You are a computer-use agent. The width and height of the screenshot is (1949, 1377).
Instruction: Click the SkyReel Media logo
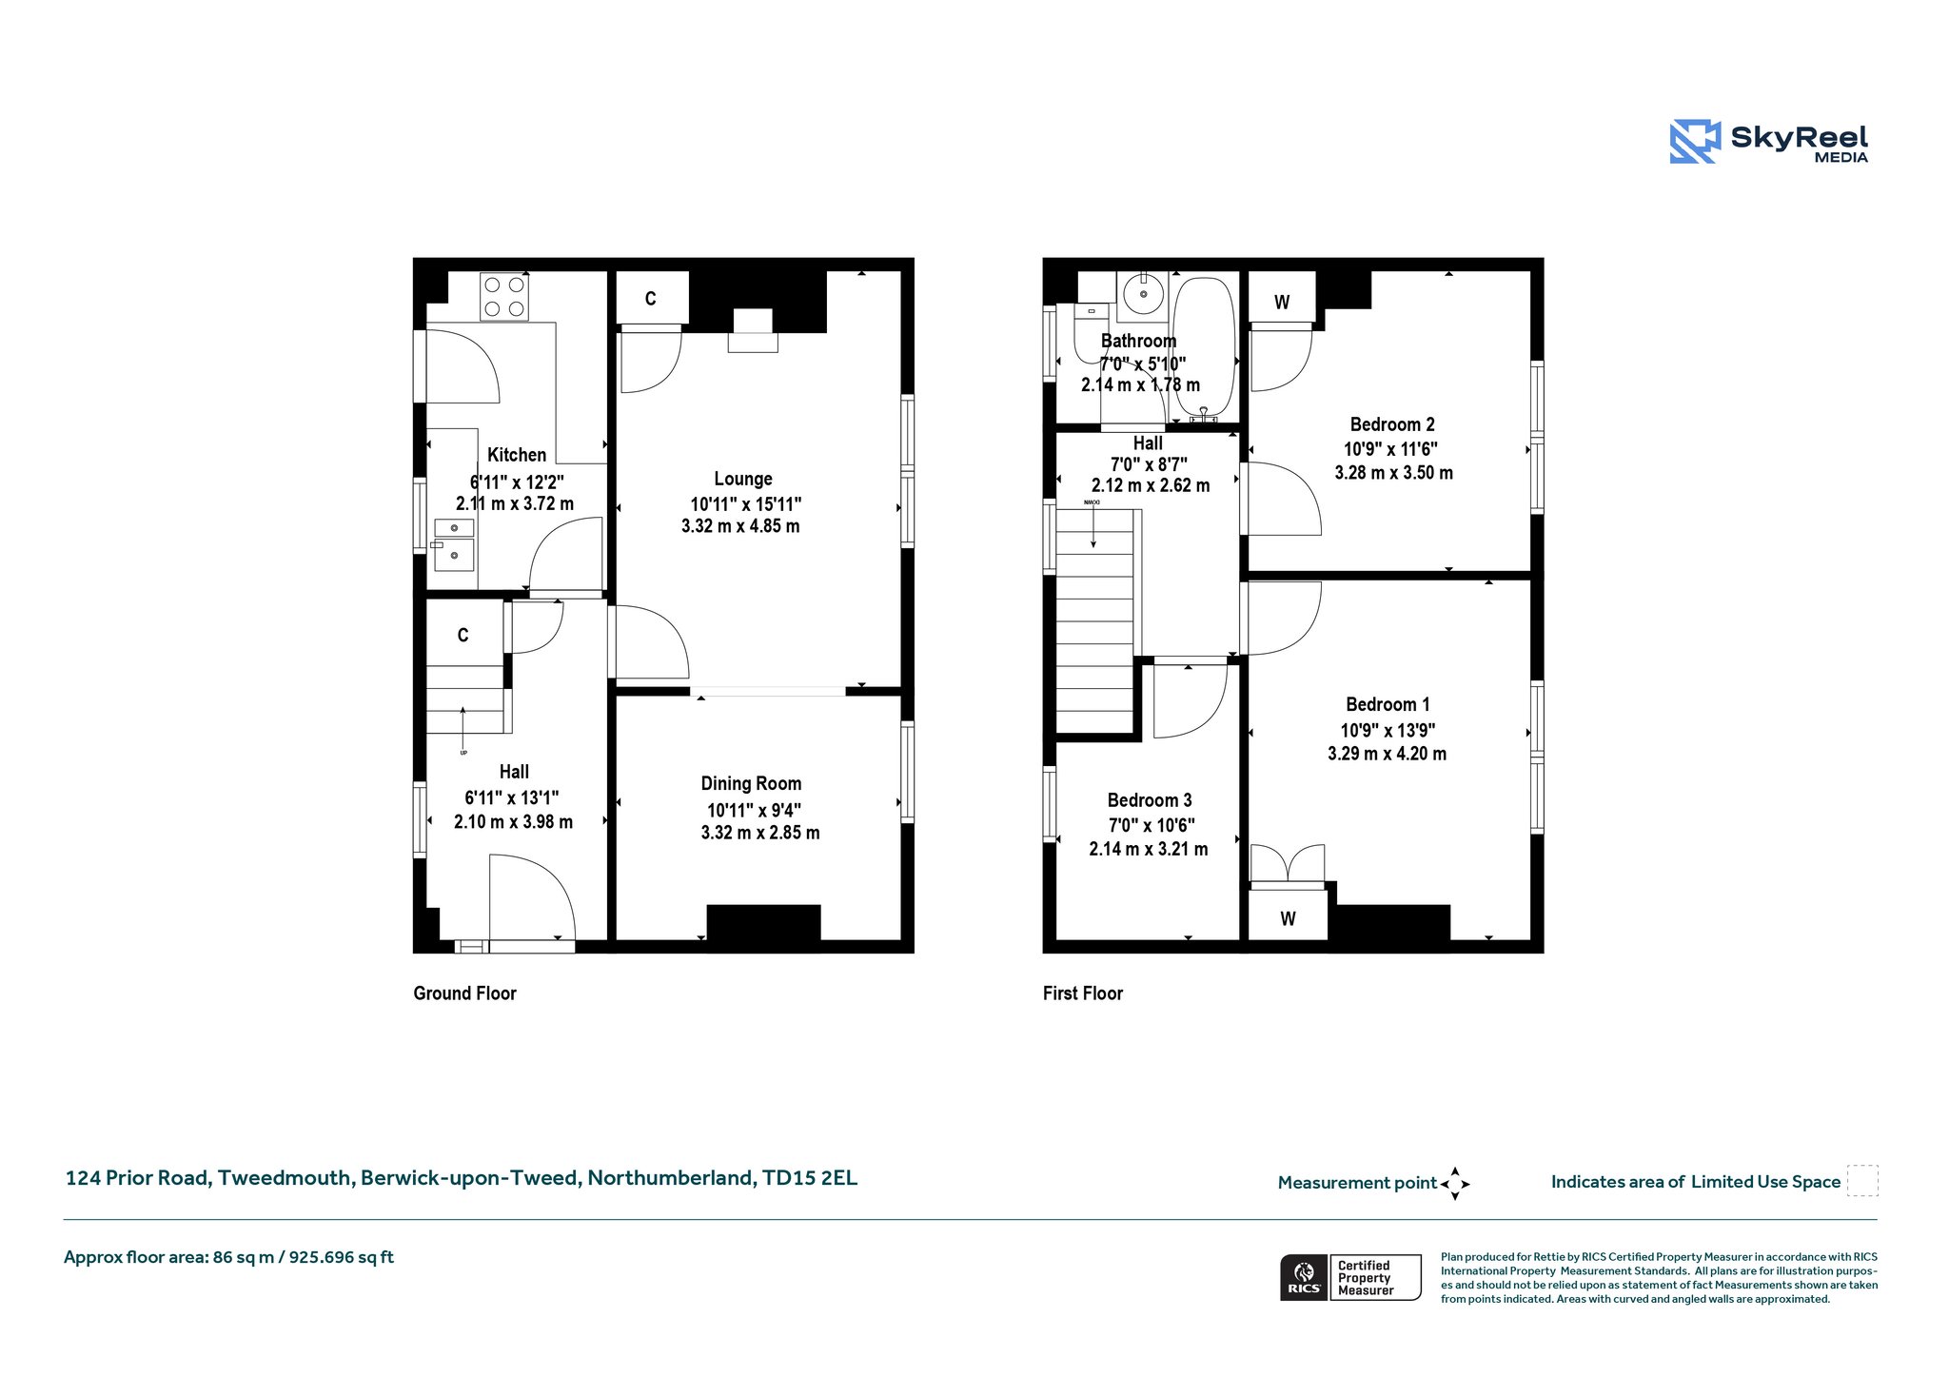tap(1769, 142)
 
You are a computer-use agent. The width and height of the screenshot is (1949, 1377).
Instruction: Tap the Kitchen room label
tap(517, 455)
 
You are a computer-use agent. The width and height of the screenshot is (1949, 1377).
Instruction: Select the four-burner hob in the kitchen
tap(504, 296)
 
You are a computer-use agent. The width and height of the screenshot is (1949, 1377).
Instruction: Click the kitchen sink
tap(454, 544)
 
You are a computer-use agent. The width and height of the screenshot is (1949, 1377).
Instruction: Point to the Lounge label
tap(743, 479)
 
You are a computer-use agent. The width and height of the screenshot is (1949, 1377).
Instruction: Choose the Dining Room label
tap(751, 783)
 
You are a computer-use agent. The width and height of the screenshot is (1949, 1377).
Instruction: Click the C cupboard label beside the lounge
tap(651, 299)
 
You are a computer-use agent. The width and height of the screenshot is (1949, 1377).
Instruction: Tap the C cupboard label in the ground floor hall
tap(463, 636)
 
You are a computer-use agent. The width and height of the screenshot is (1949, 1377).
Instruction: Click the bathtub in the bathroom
tap(1204, 348)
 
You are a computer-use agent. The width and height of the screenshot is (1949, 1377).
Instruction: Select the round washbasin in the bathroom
tap(1143, 294)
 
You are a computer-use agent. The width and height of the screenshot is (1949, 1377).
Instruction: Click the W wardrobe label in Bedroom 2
tap(1282, 303)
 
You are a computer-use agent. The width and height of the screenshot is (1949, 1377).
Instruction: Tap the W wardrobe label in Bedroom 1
tap(1288, 919)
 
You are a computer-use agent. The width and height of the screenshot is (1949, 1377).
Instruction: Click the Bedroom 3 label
tap(1150, 800)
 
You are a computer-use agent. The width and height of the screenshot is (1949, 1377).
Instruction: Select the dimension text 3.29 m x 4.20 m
tap(1388, 754)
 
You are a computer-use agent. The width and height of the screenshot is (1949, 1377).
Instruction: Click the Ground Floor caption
tap(464, 993)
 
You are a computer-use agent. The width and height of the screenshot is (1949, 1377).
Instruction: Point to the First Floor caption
tap(1083, 993)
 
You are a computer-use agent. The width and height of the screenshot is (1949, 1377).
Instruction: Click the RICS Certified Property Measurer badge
tap(1350, 1277)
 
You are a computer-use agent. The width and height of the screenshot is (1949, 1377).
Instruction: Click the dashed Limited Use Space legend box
tap(1862, 1181)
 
